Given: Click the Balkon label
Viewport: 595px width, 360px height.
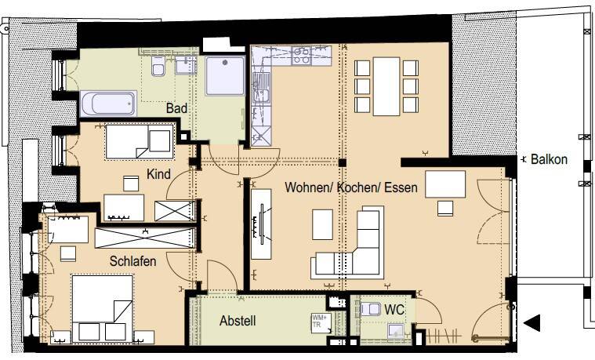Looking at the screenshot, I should pos(549,159).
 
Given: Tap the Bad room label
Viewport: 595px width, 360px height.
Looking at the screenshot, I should pos(176,107).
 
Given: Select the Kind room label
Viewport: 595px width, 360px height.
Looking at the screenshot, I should pos(159,173).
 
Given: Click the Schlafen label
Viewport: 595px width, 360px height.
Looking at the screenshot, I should pos(132,261).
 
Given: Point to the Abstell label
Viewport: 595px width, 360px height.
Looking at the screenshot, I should pos(238,321).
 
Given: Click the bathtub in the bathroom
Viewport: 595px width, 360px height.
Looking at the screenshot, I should pos(109,104).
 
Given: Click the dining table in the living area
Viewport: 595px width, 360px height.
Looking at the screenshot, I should pos(386,85).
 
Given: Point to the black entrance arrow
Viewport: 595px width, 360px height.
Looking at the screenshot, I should pos(533,322).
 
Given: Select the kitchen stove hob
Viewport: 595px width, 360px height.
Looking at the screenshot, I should pos(301,55).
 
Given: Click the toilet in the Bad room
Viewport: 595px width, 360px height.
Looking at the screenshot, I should pos(158,70).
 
